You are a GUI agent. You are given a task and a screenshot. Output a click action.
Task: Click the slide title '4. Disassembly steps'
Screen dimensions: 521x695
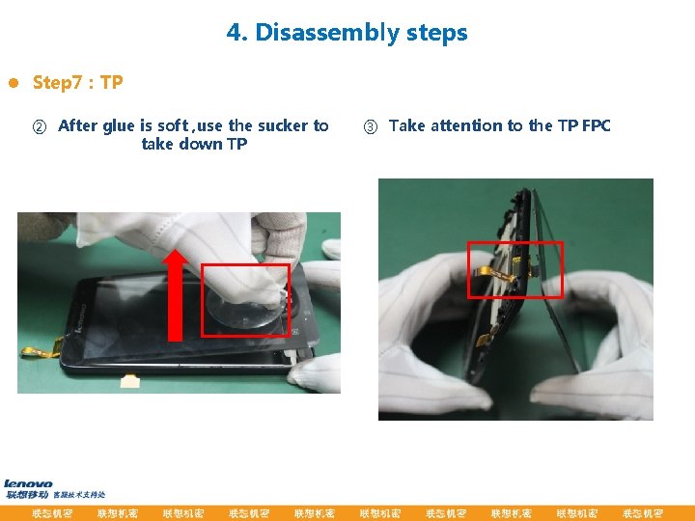point(347,33)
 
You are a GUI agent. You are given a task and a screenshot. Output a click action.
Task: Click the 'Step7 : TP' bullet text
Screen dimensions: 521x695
point(77,83)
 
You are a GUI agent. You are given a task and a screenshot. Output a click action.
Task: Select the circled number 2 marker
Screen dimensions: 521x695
point(40,126)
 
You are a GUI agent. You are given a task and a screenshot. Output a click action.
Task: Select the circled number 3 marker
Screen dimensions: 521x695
point(371,126)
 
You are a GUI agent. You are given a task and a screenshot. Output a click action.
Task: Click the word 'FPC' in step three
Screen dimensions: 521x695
point(596,125)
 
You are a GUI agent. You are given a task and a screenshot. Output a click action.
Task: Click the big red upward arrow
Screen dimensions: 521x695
point(175,293)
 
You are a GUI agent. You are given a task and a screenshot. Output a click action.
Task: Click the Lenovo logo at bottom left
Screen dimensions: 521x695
point(29,483)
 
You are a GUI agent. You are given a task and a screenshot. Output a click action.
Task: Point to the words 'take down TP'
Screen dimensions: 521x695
point(194,145)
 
